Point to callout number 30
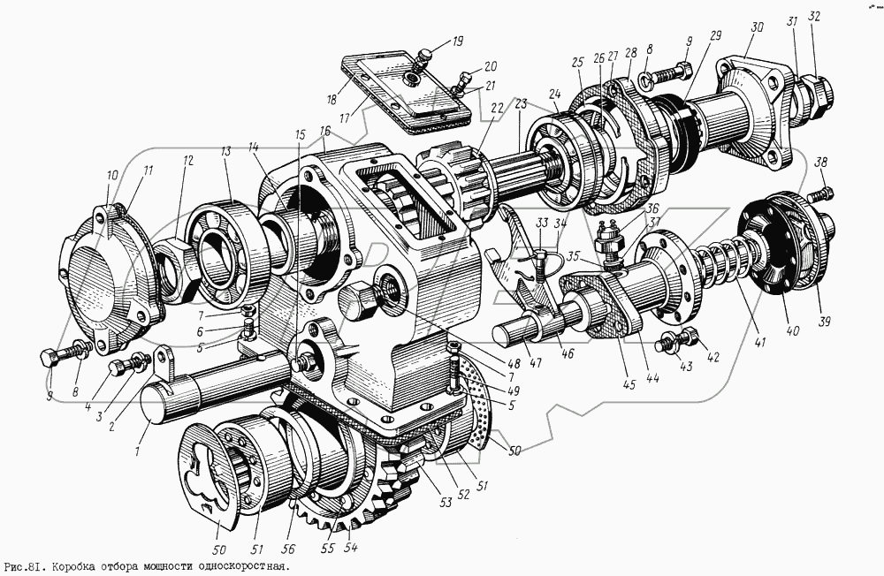point(756,27)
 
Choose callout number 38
point(822,162)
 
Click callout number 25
point(578,63)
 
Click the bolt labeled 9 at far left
point(51,358)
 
